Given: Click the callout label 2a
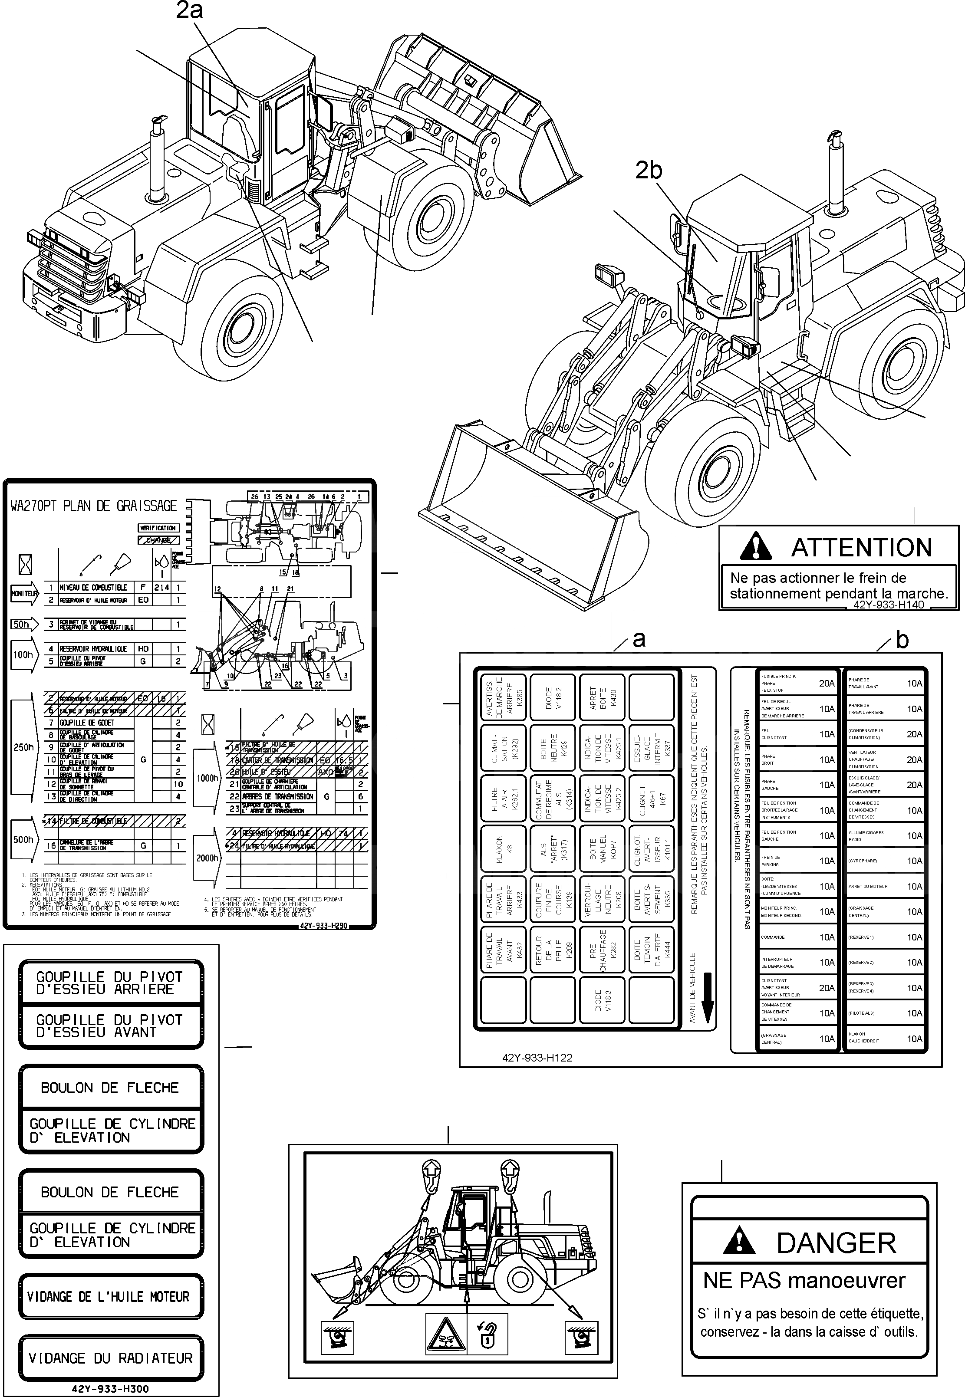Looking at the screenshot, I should pos(189,10).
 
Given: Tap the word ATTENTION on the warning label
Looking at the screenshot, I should pos(862,548).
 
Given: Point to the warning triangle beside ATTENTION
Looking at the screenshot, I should pos(756,546).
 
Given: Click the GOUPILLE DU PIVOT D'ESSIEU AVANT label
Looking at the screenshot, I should pos(111,1026).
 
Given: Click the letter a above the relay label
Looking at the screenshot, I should pos(639,639).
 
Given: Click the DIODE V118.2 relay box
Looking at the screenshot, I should pos(553,697).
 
